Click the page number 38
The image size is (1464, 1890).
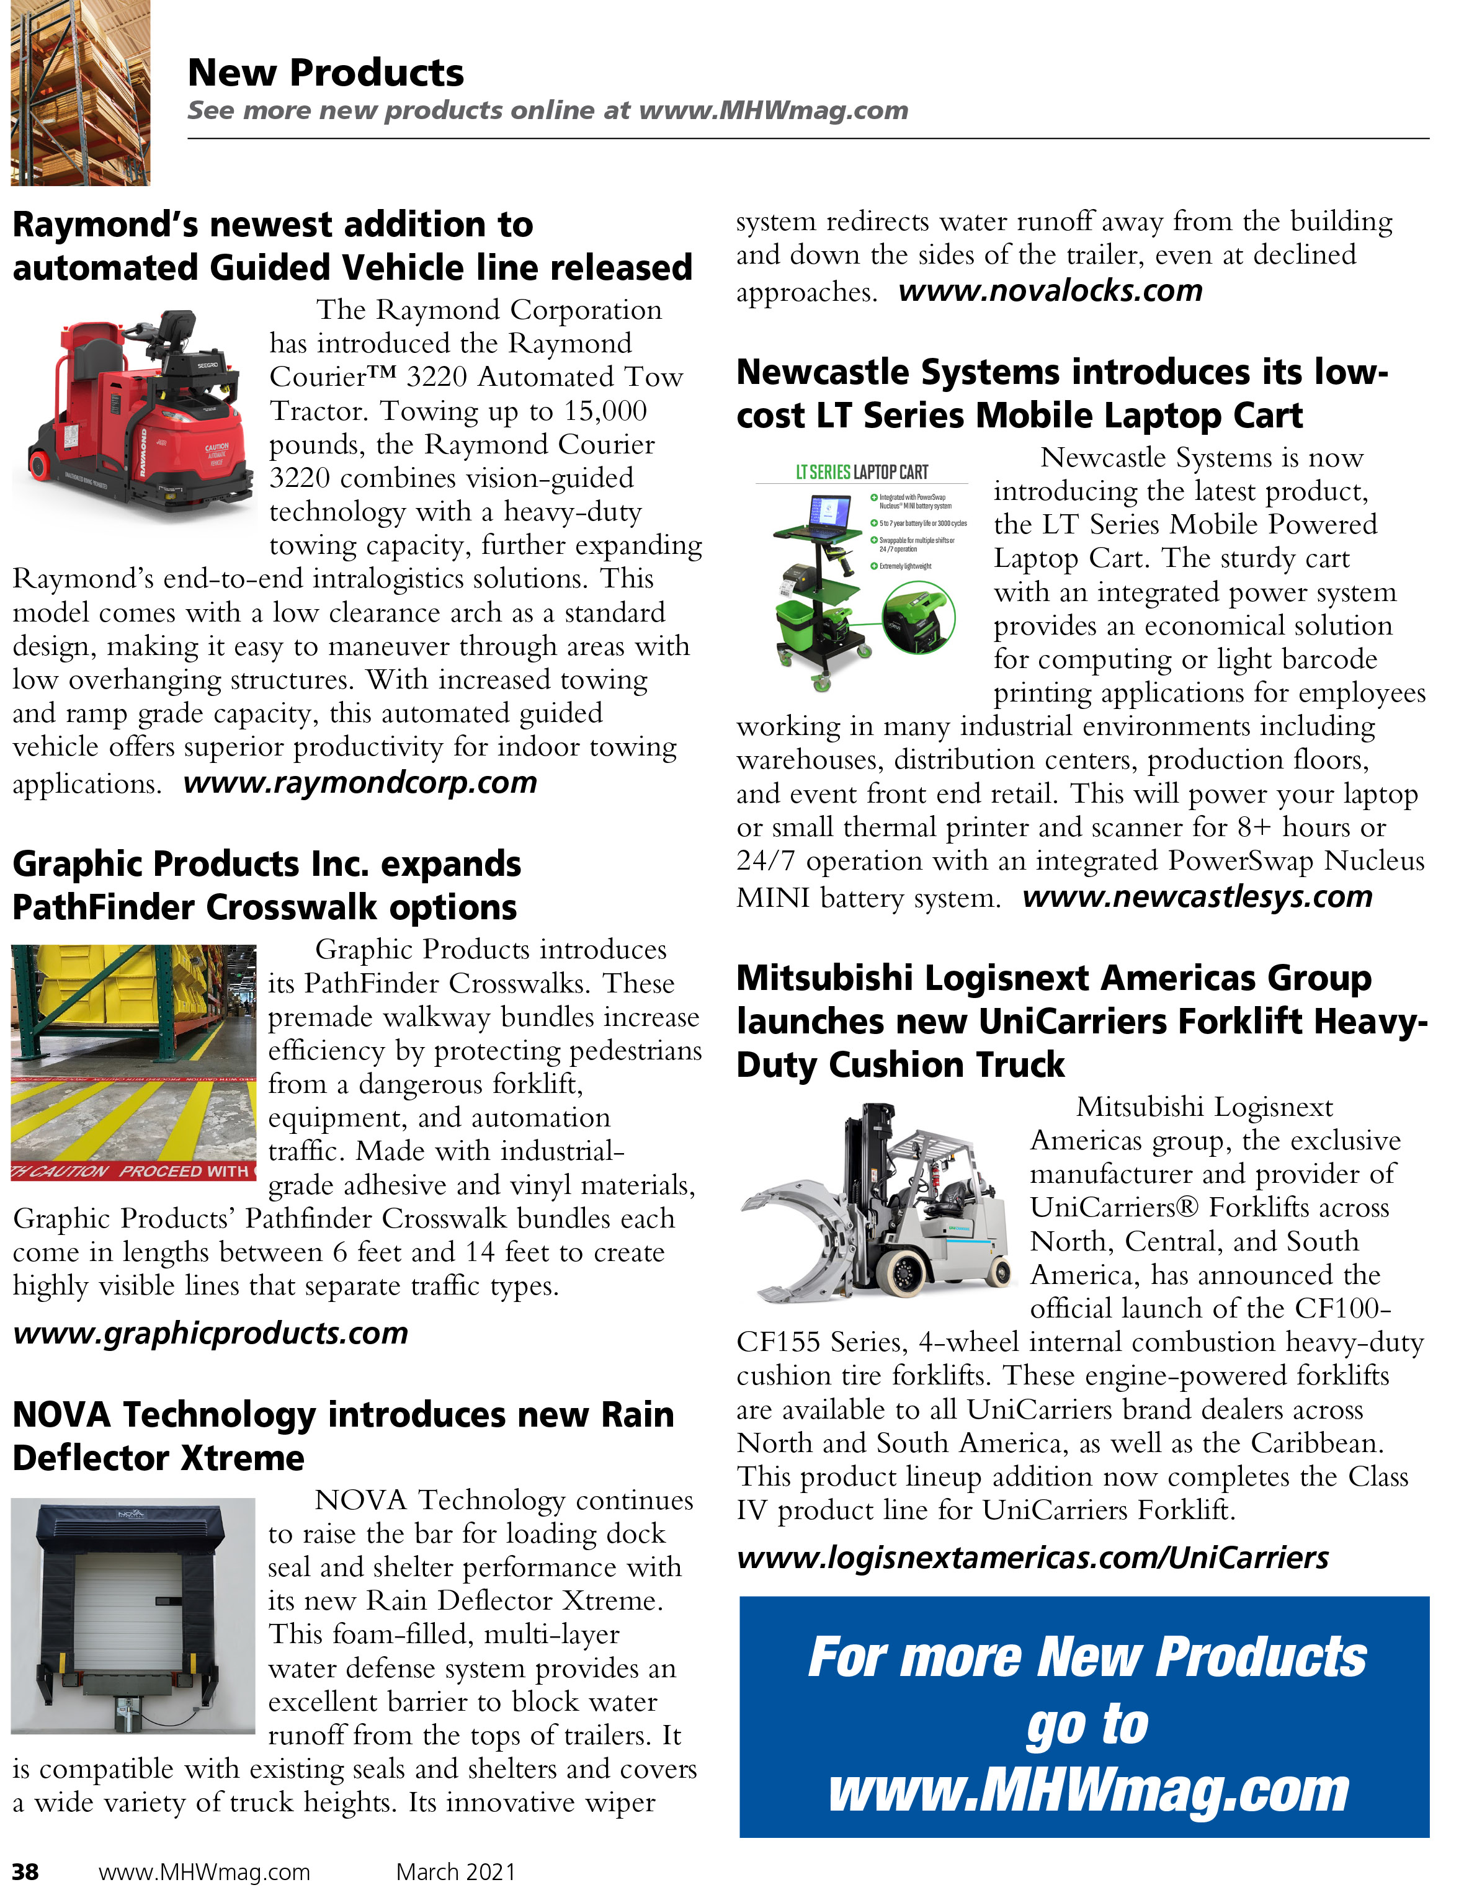pyautogui.click(x=25, y=1871)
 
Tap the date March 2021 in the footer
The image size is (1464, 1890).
pyautogui.click(x=455, y=1871)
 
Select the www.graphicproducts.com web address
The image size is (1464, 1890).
pyautogui.click(x=210, y=1333)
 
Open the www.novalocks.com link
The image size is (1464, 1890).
pyautogui.click(x=1050, y=291)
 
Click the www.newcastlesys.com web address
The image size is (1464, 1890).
pyautogui.click(x=1197, y=896)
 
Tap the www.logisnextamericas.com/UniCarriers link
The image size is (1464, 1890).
pyautogui.click(x=1032, y=1558)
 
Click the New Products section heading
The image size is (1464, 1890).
pyautogui.click(x=325, y=73)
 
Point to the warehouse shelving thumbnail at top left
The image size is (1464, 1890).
pyautogui.click(x=79, y=92)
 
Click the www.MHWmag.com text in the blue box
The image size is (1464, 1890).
pyautogui.click(x=1089, y=1791)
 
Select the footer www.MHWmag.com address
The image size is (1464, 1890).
pyautogui.click(x=204, y=1871)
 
